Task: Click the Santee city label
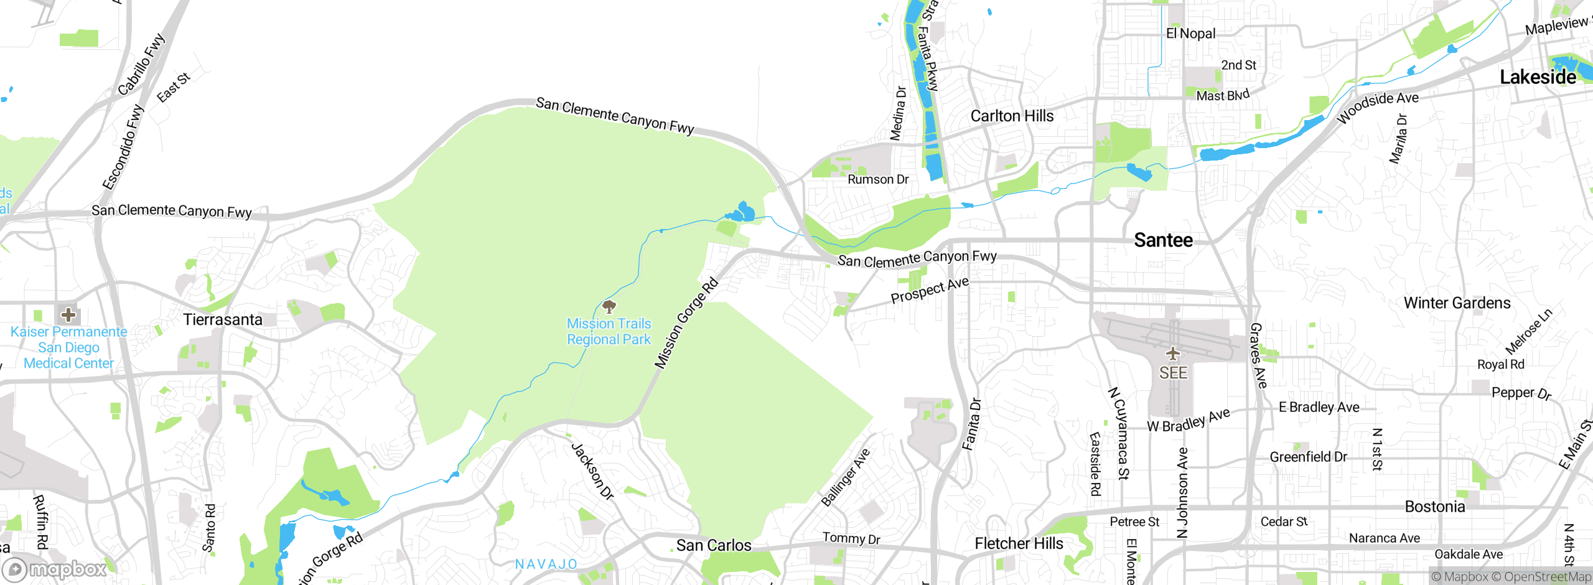point(1163,240)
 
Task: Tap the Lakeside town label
point(1538,77)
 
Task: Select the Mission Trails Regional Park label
point(609,332)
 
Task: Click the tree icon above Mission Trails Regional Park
point(609,306)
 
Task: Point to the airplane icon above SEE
point(1173,354)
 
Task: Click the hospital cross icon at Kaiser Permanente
point(68,314)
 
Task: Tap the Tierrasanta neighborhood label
point(223,320)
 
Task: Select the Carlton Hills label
point(1012,116)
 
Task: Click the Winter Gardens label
point(1457,303)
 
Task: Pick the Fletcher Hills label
point(1019,543)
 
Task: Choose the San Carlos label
point(714,545)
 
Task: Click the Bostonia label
point(1434,507)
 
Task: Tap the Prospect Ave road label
point(930,290)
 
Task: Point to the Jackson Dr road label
point(592,471)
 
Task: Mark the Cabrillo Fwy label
point(142,64)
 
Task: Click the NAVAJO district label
point(546,564)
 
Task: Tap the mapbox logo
point(55,569)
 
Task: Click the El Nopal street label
point(1190,34)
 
